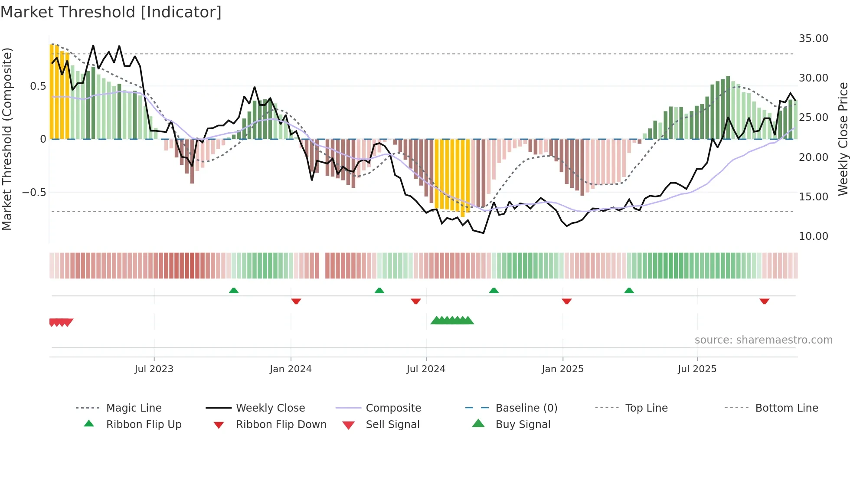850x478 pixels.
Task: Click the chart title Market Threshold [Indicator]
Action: tap(111, 12)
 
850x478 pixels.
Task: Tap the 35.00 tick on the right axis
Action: tap(813, 39)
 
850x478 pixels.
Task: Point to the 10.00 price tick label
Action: tap(813, 236)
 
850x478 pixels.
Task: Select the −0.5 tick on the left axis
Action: tap(34, 193)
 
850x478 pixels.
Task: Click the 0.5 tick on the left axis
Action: tap(38, 86)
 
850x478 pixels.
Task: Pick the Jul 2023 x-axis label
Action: tap(154, 369)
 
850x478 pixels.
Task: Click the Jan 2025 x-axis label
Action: tap(562, 369)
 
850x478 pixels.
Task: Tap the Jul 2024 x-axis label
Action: tap(426, 369)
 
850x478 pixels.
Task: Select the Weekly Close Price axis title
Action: tap(843, 139)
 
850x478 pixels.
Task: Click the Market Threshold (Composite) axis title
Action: tap(7, 139)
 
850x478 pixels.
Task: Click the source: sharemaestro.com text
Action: tap(763, 340)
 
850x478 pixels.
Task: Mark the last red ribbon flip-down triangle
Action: tap(764, 301)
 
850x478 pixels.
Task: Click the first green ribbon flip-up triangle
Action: tap(234, 291)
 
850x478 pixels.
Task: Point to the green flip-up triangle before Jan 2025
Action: tap(494, 291)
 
